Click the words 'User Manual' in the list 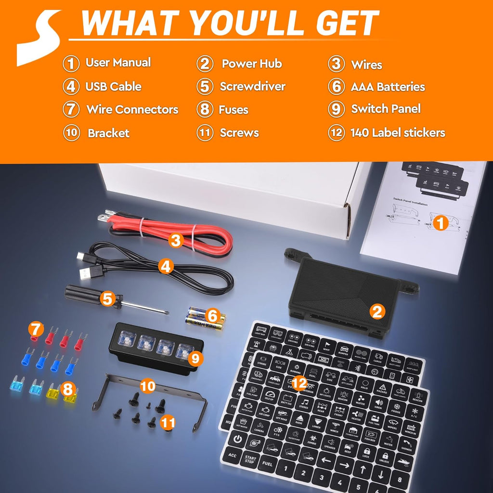pos(118,63)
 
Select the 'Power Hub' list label pos(251,64)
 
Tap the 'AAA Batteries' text pos(388,87)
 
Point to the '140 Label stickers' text pos(398,133)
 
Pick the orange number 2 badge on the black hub pos(377,312)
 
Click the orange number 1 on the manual pos(440,223)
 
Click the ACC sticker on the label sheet pos(233,454)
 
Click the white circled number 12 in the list pos(337,133)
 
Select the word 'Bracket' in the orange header pos(108,133)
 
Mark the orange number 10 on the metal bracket pos(147,385)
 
